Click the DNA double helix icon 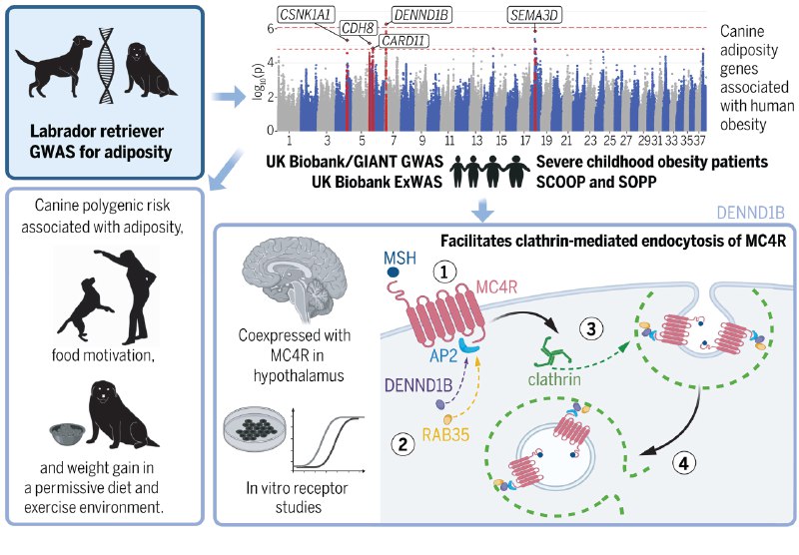109,64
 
